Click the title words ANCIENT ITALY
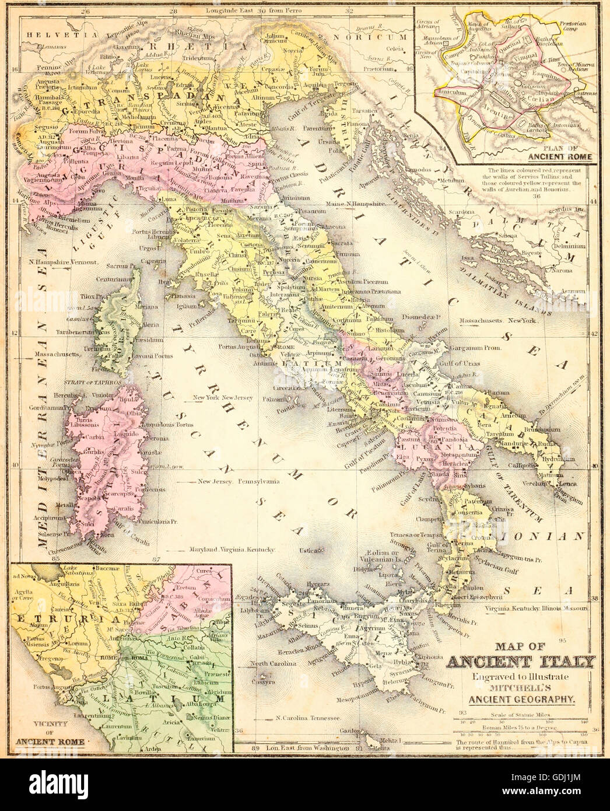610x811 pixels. coord(521,661)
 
